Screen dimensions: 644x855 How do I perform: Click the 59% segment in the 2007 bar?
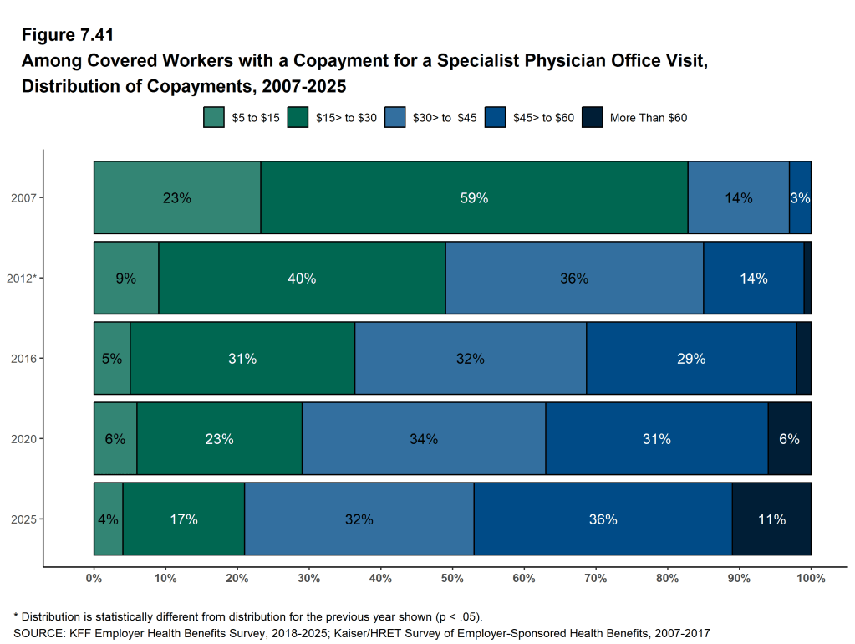click(474, 197)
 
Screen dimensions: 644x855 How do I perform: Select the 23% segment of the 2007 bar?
click(177, 197)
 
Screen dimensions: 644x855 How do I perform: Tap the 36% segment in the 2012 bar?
click(574, 278)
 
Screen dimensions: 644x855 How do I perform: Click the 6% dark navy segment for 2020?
click(789, 438)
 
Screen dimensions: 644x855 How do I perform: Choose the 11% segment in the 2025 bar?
click(771, 519)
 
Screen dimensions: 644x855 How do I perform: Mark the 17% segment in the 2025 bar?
click(183, 519)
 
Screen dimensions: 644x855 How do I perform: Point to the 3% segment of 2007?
click(800, 197)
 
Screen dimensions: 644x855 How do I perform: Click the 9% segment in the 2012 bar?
click(126, 278)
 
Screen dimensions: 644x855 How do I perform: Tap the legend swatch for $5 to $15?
click(214, 117)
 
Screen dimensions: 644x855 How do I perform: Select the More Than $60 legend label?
click(649, 118)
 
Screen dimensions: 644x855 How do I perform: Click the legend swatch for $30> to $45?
click(394, 117)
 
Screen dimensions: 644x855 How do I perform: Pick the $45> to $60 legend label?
click(543, 118)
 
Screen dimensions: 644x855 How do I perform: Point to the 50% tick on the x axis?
click(452, 578)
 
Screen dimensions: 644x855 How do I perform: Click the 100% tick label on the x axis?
click(811, 578)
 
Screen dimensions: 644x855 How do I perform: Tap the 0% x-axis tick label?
click(94, 578)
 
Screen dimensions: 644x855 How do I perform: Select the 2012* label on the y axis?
click(20, 278)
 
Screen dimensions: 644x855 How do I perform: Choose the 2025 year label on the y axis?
click(22, 519)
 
